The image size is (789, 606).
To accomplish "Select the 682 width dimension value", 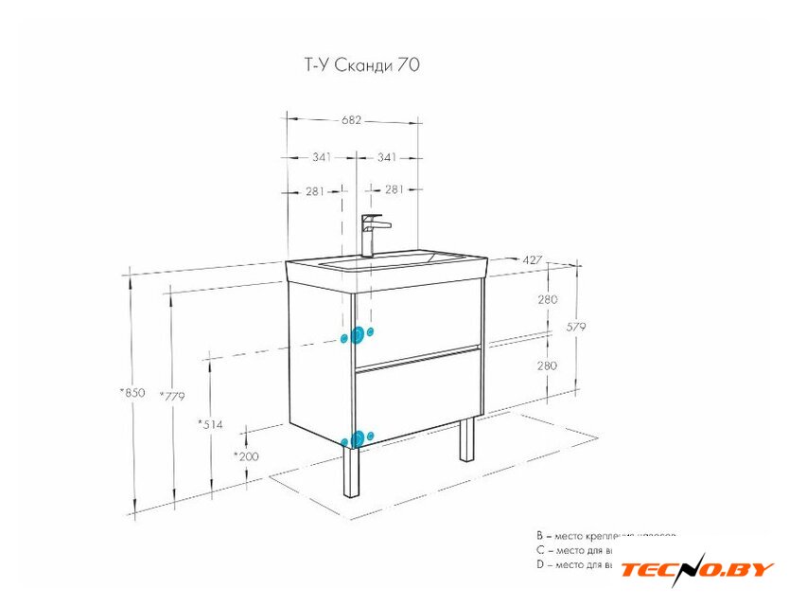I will [352, 120].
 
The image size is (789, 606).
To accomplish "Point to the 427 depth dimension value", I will [533, 259].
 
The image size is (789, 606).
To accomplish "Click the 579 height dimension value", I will [576, 327].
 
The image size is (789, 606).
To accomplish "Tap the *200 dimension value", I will [246, 455].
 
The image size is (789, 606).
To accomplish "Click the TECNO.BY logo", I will [697, 570].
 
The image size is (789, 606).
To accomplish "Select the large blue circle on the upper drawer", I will [358, 334].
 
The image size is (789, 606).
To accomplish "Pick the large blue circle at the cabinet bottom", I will [357, 437].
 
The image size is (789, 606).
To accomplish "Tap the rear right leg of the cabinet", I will [466, 439].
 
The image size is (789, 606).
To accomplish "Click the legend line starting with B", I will [605, 536].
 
